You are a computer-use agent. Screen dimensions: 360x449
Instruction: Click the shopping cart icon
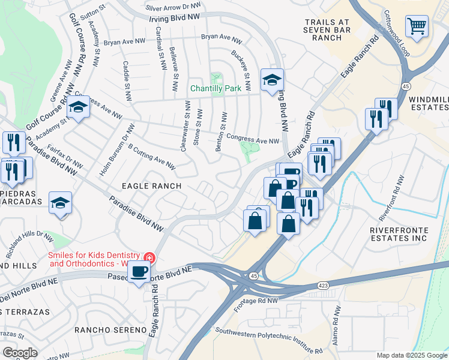(x=417, y=26)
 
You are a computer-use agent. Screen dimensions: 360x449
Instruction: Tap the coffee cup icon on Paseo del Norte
(x=139, y=272)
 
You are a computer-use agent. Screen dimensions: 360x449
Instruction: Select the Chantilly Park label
(x=215, y=88)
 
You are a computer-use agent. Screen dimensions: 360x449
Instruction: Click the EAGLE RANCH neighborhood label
(x=152, y=186)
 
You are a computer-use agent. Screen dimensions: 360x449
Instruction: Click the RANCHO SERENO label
(x=110, y=330)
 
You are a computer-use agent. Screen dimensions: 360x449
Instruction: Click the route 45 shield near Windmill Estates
(x=406, y=87)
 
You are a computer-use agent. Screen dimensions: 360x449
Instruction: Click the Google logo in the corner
(x=20, y=353)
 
